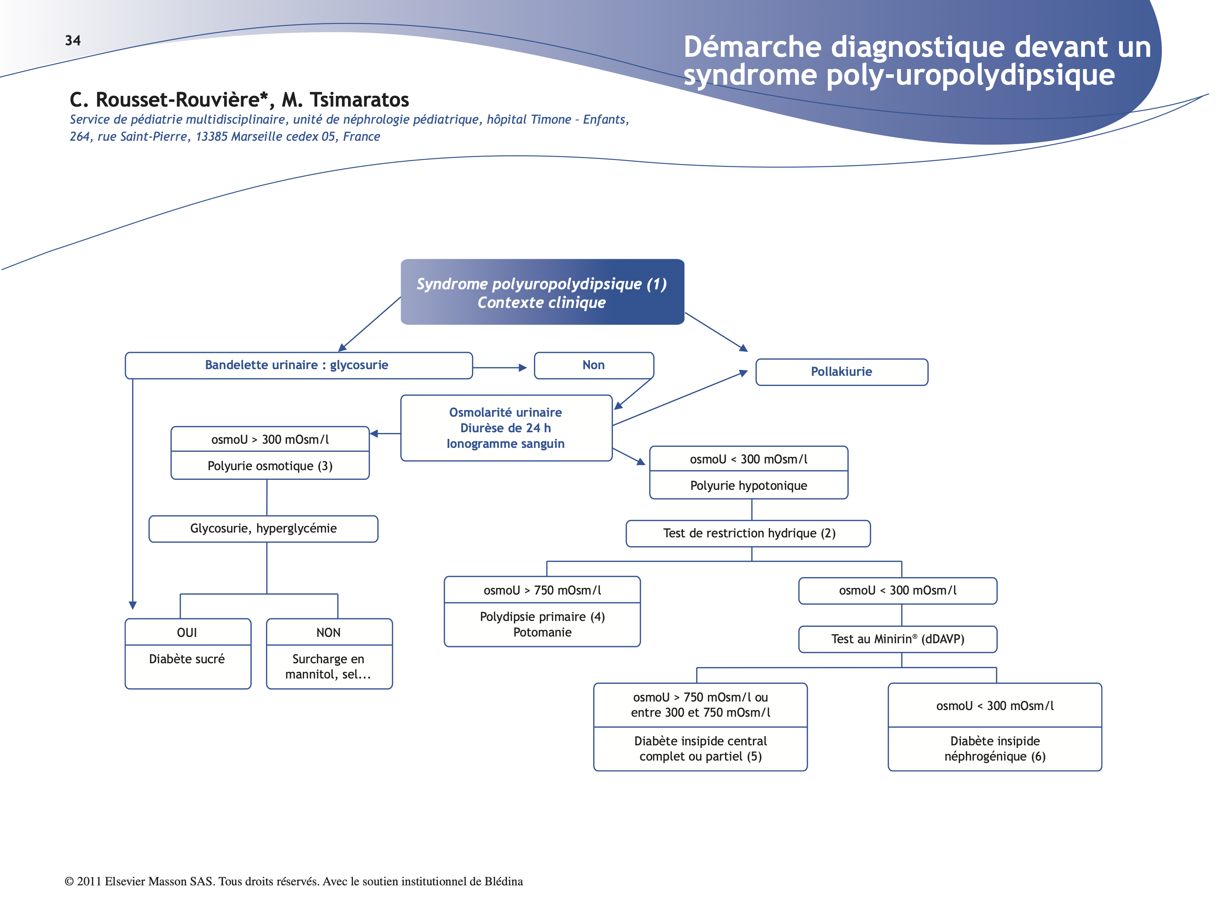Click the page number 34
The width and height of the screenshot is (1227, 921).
73,40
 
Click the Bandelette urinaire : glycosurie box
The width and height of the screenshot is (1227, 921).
297,365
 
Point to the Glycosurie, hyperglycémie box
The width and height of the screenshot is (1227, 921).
263,528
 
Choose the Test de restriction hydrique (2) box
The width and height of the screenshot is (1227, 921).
748,534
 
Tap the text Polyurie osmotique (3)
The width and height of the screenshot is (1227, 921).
270,466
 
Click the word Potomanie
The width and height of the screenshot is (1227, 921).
542,633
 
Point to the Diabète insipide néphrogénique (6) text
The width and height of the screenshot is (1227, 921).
995,749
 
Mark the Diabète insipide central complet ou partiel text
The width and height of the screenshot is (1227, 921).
700,749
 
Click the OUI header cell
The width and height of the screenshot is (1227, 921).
187,633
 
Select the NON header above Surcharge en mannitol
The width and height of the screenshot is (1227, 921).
328,633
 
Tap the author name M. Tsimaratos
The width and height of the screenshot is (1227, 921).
345,100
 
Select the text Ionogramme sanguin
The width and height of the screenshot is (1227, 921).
505,444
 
